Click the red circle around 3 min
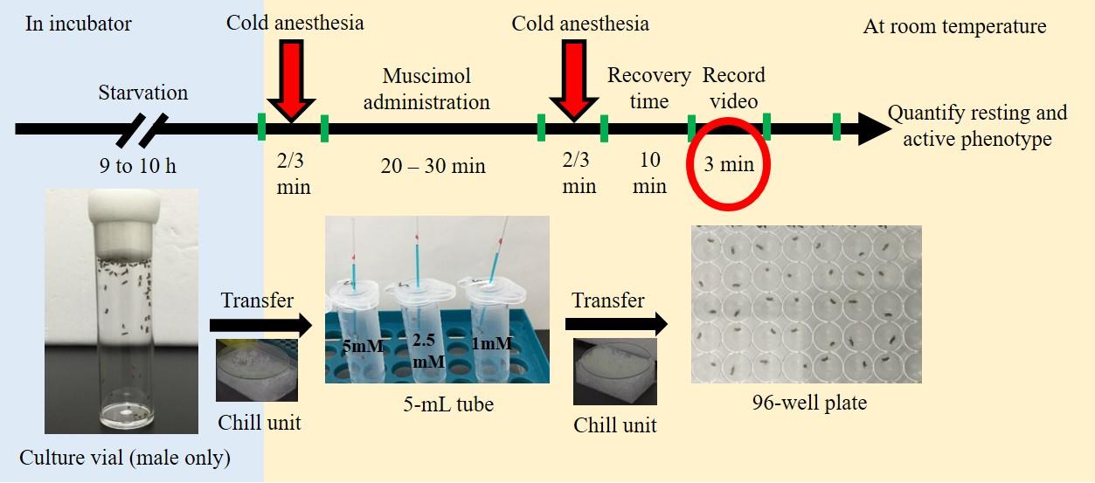729,164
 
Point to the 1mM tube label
491,344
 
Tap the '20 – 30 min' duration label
433,165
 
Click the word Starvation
142,92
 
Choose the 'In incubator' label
79,24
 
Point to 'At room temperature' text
954,26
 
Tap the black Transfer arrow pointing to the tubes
260,326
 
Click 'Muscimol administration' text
426,88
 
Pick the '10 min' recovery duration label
648,173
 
